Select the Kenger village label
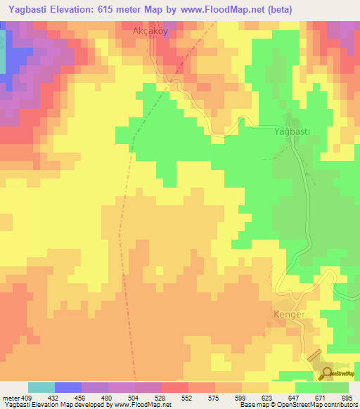289,315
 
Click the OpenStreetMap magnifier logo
327,374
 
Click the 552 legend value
187,397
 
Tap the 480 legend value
107,397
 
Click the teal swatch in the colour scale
41,387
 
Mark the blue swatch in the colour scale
68,387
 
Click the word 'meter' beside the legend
11,397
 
